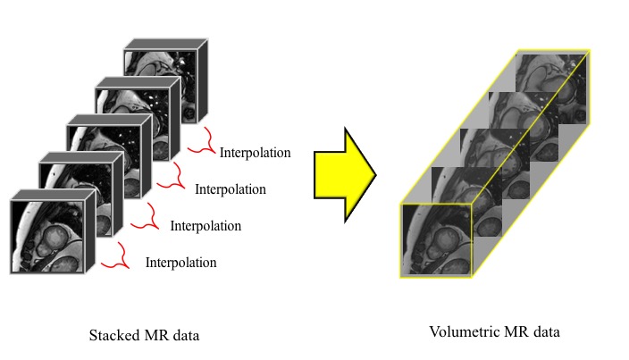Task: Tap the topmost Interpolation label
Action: coord(255,153)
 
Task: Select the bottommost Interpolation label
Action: coord(180,263)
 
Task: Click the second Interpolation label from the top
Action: coord(230,189)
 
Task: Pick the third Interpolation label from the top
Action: coord(205,225)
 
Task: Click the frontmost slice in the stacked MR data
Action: coord(46,236)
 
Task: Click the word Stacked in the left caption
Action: coord(113,337)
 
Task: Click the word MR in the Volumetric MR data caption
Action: coord(513,333)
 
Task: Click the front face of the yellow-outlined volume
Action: coord(436,239)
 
